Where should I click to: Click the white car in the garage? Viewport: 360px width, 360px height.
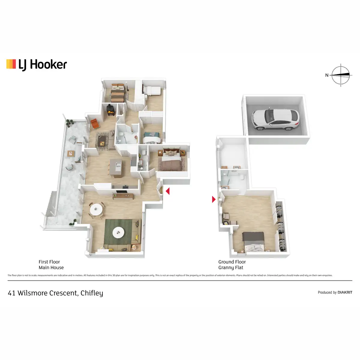(275, 119)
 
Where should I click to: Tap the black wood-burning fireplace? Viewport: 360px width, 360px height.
(111, 110)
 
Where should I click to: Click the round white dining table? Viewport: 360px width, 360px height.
(96, 209)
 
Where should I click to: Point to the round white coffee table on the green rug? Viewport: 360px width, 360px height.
(118, 232)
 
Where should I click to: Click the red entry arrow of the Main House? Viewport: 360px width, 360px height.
(168, 191)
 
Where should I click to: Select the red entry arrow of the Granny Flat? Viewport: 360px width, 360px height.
(214, 199)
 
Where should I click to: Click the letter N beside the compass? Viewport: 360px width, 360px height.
(327, 75)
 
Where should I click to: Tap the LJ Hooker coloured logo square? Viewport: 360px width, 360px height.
(11, 64)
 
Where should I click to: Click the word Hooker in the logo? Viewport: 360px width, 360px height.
(48, 64)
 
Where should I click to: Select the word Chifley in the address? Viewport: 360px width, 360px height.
(91, 293)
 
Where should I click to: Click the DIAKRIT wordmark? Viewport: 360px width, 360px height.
(345, 292)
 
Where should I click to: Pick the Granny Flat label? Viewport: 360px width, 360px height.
(231, 268)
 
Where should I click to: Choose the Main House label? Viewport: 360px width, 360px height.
(51, 268)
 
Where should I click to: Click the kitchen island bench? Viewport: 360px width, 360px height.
(116, 168)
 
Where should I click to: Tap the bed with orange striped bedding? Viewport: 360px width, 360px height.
(118, 93)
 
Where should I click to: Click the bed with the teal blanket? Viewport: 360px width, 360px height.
(152, 138)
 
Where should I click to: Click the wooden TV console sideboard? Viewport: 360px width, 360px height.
(123, 196)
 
